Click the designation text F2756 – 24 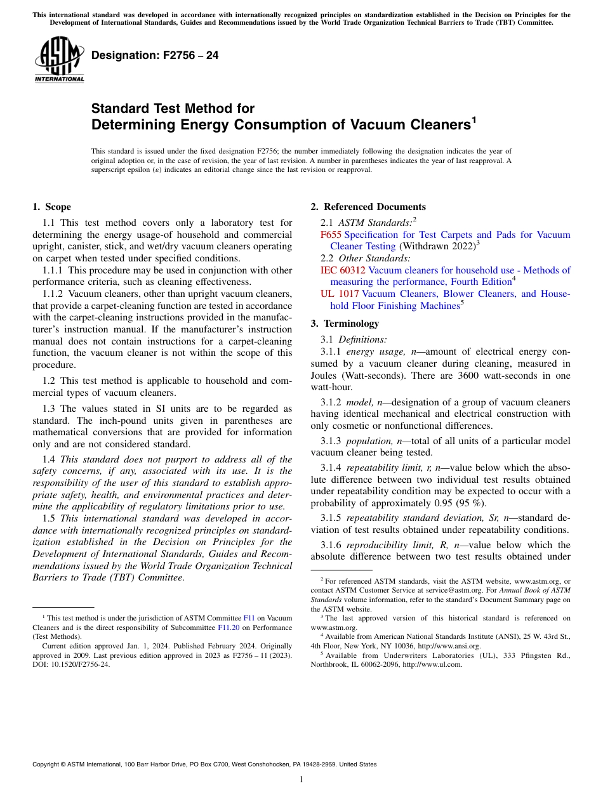tap(155, 56)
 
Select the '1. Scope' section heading tap(51, 207)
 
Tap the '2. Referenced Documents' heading tap(368, 207)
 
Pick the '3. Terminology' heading tap(345, 324)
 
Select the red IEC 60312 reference tap(343, 270)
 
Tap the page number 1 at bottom tap(301, 780)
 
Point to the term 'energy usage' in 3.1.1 tap(373, 352)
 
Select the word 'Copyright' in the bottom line tap(48, 764)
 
